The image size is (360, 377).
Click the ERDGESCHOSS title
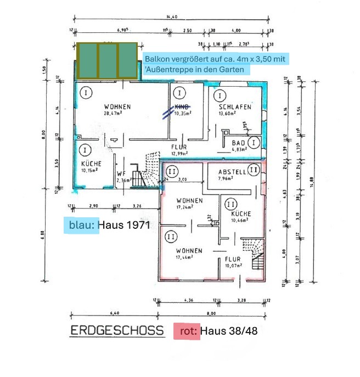(117, 331)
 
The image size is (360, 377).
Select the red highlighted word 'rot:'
(187, 331)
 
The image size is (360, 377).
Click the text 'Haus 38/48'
(229, 331)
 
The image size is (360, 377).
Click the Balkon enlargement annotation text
(217, 64)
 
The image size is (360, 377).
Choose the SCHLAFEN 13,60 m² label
(235, 110)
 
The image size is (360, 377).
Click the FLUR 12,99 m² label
(179, 150)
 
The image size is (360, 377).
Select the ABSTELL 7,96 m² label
(232, 174)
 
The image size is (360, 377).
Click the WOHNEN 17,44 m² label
(189, 254)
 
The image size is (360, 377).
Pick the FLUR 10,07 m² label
(233, 262)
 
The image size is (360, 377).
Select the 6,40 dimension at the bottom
(115, 313)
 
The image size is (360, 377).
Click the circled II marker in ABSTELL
(253, 170)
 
